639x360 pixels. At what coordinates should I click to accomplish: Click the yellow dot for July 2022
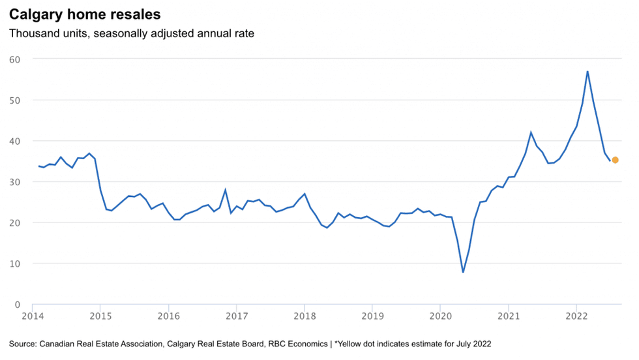pos(615,160)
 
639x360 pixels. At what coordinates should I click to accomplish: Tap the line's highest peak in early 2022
pos(587,71)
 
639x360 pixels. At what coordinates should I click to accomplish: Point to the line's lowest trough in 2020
pos(463,272)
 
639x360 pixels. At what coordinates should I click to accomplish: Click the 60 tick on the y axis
pos(14,59)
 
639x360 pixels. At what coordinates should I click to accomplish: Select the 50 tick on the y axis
pos(14,100)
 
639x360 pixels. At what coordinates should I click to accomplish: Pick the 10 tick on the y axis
pos(14,263)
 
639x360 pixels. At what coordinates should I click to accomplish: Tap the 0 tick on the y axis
pos(17,305)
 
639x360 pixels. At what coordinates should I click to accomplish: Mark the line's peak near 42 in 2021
pos(531,132)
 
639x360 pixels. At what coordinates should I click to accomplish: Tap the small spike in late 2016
pos(225,190)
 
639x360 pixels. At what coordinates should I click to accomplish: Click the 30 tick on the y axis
pos(14,182)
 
